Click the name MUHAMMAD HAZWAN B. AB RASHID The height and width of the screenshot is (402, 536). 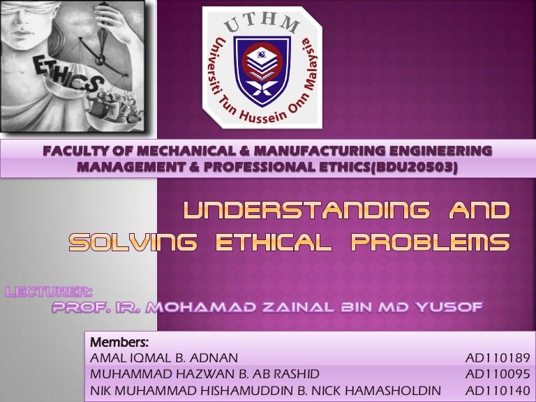200,374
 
